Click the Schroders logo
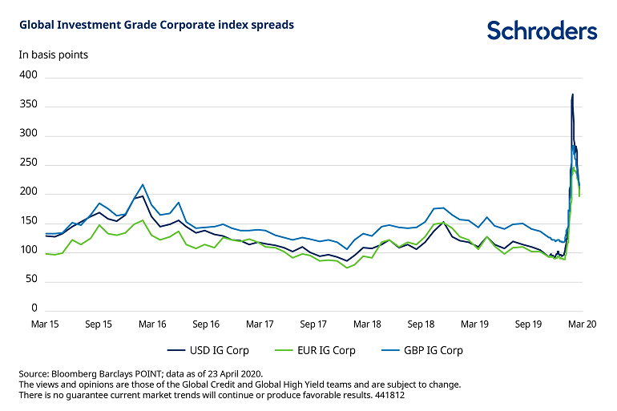(x=542, y=30)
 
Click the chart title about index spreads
(x=156, y=25)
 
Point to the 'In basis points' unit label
(x=54, y=55)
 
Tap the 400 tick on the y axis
(x=29, y=75)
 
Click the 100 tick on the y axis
(x=29, y=251)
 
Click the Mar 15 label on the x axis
(x=46, y=325)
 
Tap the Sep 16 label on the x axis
(x=206, y=325)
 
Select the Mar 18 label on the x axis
(x=367, y=325)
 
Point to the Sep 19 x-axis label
(x=528, y=325)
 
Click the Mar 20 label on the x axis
(x=582, y=325)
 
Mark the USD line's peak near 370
(x=573, y=95)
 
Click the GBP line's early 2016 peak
(x=143, y=184)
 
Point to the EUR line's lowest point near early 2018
(x=347, y=268)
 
